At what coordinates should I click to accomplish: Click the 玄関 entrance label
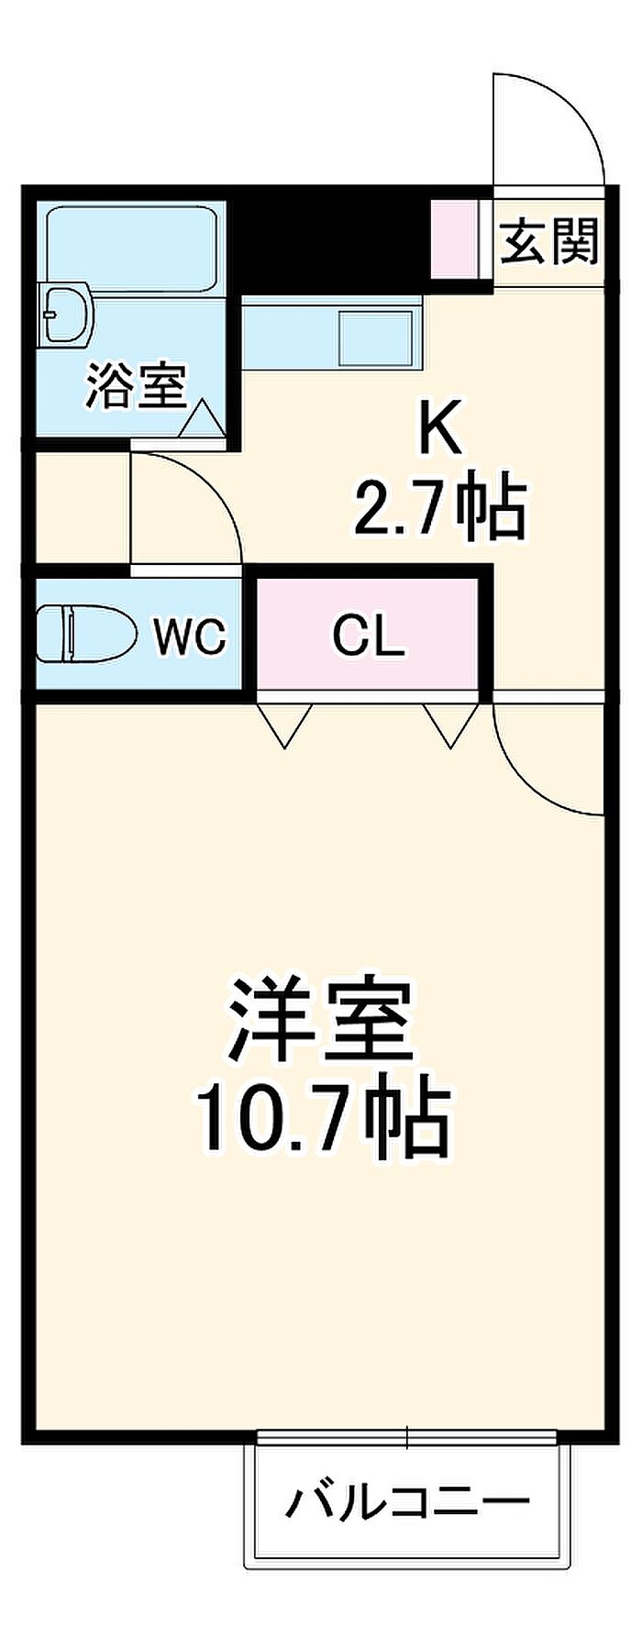[x=549, y=240]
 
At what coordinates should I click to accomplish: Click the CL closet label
[x=369, y=634]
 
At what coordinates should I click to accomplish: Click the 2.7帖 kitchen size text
[x=440, y=507]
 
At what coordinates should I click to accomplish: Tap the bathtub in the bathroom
[x=131, y=249]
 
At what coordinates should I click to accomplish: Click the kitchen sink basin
[x=374, y=337]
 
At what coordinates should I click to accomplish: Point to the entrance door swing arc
[x=548, y=128]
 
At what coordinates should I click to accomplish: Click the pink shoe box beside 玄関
[x=455, y=237]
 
